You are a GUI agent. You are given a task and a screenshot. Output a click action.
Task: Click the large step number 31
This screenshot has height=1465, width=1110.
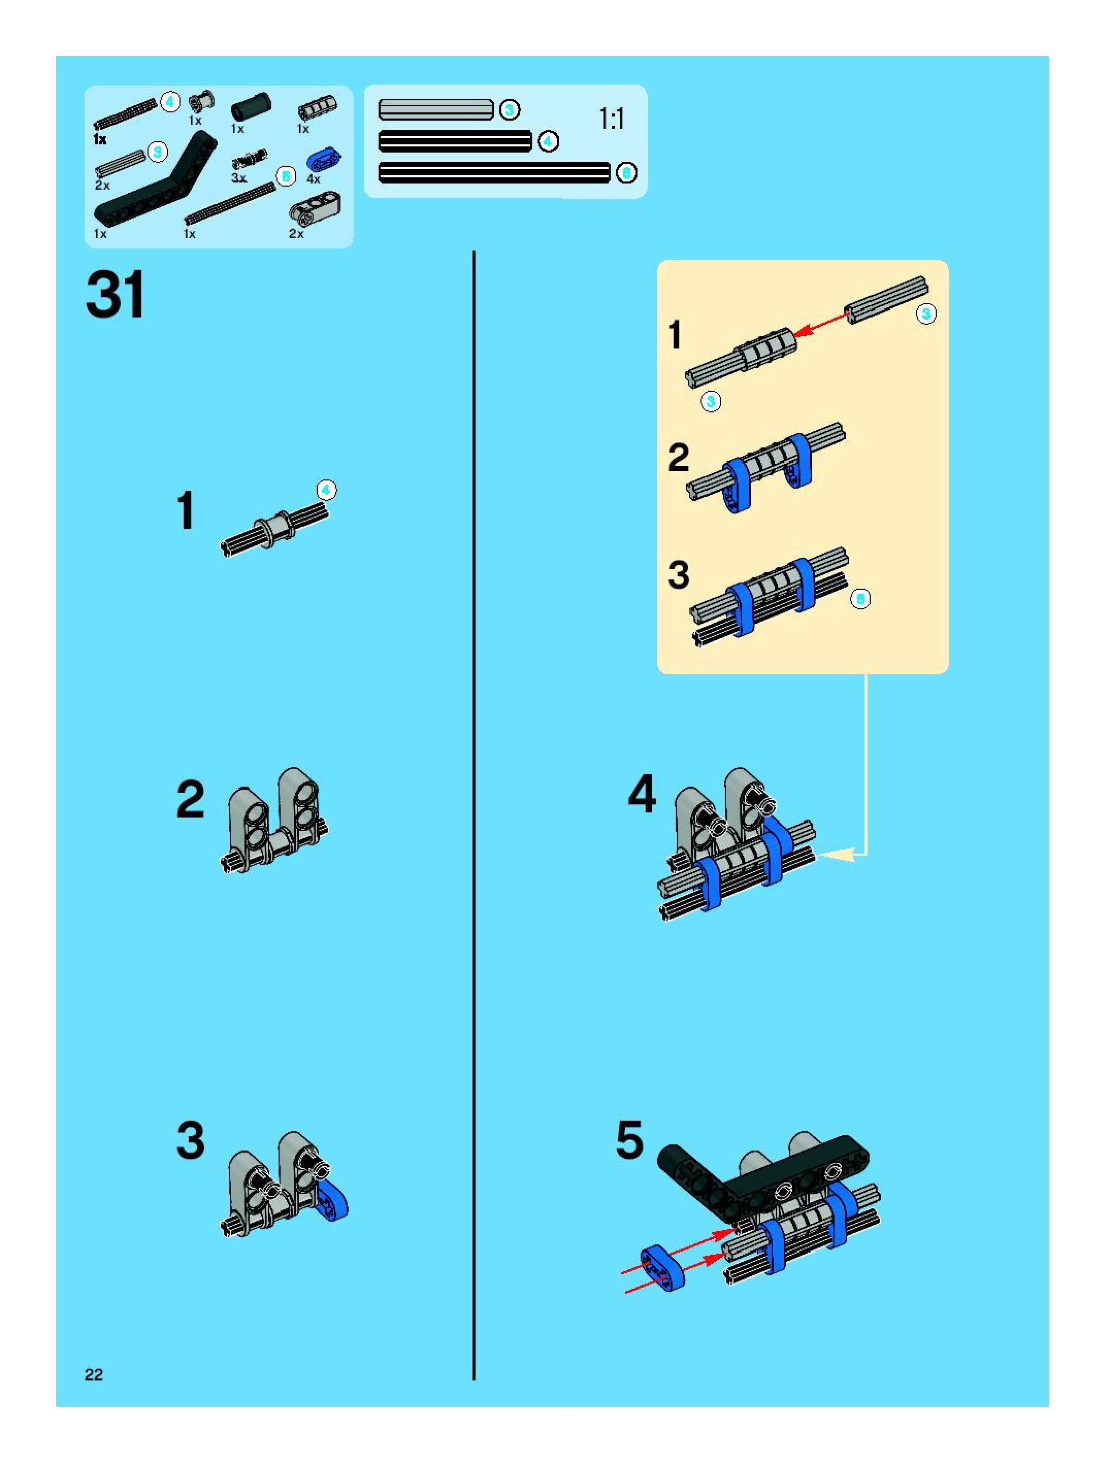point(116,295)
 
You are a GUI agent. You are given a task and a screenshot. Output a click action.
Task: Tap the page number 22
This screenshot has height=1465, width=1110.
point(93,1375)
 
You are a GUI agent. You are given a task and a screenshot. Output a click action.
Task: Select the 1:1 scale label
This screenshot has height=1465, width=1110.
point(611,119)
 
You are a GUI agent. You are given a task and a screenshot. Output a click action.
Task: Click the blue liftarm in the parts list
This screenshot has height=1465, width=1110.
point(324,160)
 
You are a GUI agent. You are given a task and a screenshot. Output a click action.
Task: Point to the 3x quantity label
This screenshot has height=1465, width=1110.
point(239,179)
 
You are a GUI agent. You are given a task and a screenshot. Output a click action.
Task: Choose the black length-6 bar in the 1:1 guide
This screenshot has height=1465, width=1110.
point(494,173)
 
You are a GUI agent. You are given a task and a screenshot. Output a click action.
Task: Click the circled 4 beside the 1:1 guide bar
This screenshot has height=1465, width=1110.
point(548,141)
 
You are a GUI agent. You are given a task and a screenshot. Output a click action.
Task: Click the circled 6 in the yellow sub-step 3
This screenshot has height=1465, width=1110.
point(860,598)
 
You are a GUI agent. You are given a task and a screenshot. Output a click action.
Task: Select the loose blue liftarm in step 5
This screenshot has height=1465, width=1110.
point(663,1268)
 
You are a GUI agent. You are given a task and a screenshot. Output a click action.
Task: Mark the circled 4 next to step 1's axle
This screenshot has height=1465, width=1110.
point(326,490)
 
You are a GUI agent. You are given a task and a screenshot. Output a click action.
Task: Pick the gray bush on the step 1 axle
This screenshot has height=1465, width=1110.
point(275,528)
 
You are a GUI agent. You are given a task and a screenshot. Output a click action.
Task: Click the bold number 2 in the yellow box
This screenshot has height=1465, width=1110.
point(679,458)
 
